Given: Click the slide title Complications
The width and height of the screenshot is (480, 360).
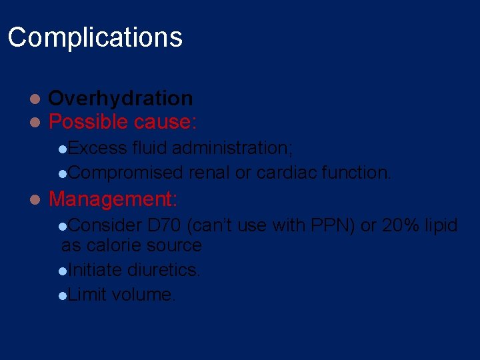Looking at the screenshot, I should click(95, 37).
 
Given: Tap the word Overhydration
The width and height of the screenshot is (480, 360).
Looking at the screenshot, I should click(121, 99).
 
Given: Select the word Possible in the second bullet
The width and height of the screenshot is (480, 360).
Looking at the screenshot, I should click(89, 122).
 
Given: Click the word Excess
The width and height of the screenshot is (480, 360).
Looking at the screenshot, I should click(97, 147).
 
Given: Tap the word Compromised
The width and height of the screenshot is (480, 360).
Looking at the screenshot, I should click(125, 173).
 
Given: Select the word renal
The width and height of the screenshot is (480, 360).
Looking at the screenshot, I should click(209, 173).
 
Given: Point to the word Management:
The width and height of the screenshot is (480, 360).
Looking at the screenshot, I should click(113, 199).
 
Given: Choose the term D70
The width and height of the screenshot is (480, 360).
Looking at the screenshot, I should click(165, 225).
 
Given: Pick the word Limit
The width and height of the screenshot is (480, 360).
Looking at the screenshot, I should click(87, 295).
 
